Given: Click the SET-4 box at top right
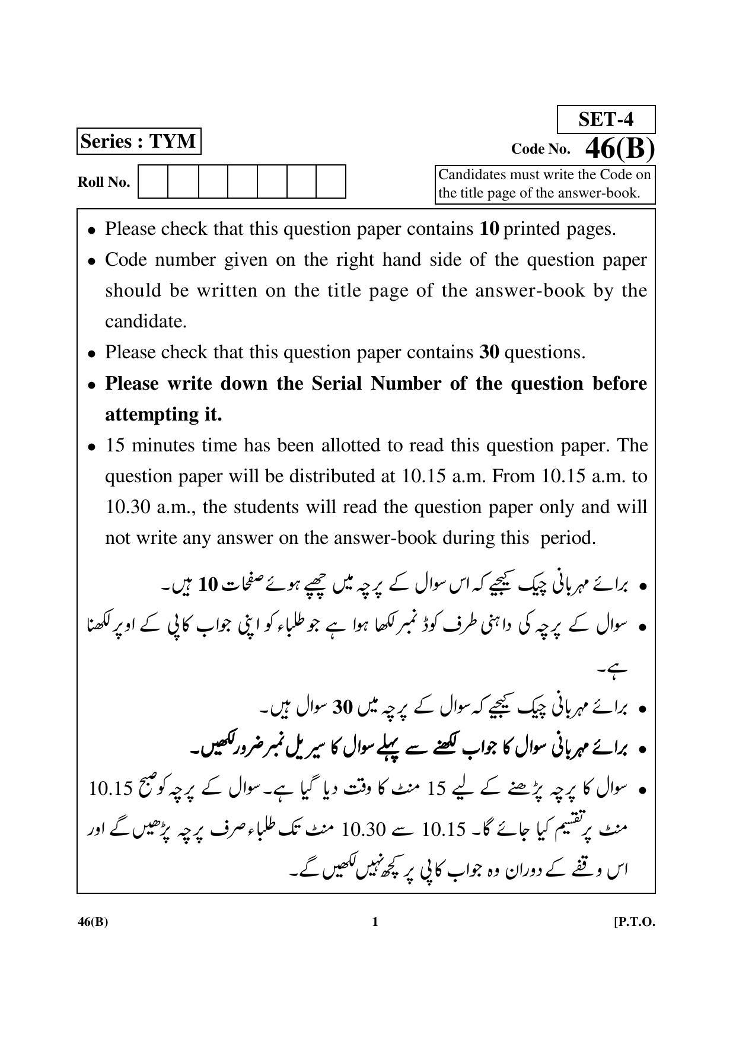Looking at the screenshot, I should tap(606, 120).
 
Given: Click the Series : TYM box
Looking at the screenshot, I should tap(138, 142).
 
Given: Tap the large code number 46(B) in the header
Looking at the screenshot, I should tap(619, 149).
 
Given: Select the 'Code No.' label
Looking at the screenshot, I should tap(540, 149).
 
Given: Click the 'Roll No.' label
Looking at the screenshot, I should tap(104, 183).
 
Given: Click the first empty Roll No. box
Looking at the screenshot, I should tap(153, 182).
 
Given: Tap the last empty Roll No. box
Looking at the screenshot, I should tap(330, 182).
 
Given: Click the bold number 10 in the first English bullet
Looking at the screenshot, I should tap(489, 229).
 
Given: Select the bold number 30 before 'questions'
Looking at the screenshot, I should tap(489, 352).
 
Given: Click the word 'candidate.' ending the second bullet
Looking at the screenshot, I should tap(146, 321).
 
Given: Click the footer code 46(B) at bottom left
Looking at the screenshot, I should tap(93, 922).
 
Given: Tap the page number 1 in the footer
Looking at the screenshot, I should tap(374, 922).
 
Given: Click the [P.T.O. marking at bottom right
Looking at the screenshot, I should tap(635, 922).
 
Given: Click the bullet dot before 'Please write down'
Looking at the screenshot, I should tap(91, 385).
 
